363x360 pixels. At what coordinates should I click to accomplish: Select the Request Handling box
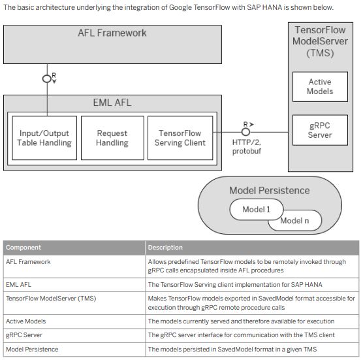(x=112, y=138)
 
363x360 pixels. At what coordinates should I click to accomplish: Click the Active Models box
(x=319, y=87)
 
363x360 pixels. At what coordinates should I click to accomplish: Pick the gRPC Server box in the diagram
(x=319, y=131)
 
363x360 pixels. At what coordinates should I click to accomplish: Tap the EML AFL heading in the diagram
(x=112, y=103)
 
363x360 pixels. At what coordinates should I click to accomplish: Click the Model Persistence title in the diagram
(x=269, y=191)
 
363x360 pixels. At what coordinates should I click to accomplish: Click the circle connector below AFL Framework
(x=46, y=78)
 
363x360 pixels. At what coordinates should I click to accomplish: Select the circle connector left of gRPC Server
(x=245, y=131)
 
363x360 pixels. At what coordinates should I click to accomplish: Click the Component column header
(x=24, y=248)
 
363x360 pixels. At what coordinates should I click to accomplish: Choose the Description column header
(x=165, y=248)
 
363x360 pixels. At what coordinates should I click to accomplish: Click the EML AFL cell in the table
(x=18, y=285)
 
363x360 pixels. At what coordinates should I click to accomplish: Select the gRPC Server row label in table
(x=24, y=335)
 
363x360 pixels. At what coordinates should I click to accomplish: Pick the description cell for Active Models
(x=241, y=321)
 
